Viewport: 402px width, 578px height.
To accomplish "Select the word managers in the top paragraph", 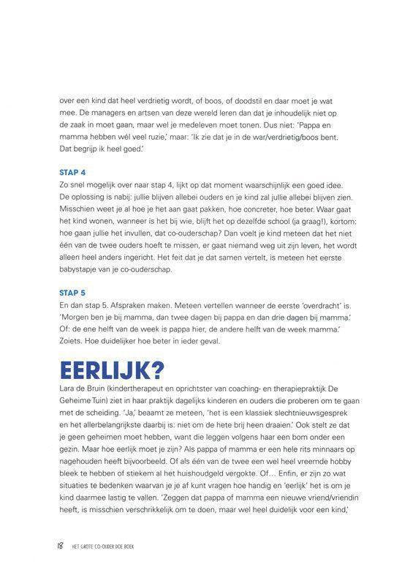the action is [x=109, y=113].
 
